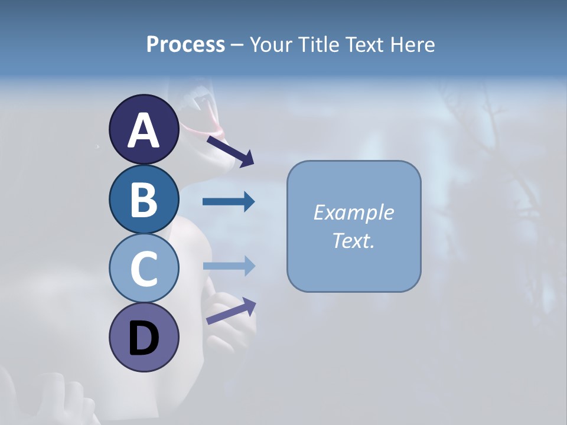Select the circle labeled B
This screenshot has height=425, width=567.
[144, 200]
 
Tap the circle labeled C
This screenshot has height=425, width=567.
[144, 268]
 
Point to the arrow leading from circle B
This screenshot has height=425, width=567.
[229, 202]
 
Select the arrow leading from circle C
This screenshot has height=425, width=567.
[229, 266]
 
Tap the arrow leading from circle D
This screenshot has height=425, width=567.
[231, 311]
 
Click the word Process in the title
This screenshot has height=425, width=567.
[185, 45]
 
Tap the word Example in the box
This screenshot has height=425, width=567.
[354, 212]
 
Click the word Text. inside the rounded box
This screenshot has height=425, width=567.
[354, 240]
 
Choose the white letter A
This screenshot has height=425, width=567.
[144, 130]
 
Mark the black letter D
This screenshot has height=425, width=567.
[144, 339]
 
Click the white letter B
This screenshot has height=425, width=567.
[144, 200]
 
